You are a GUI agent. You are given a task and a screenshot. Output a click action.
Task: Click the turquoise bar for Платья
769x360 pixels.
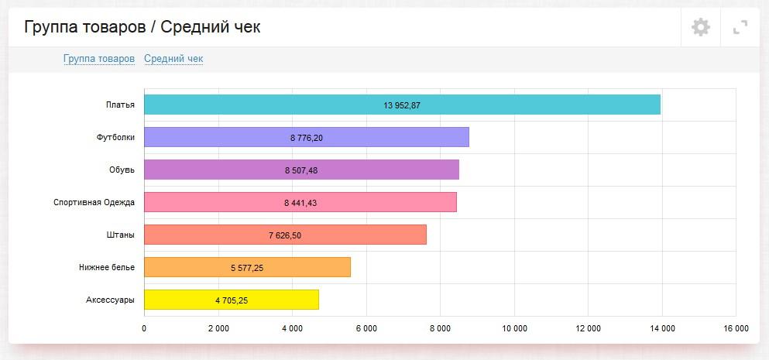tap(402, 105)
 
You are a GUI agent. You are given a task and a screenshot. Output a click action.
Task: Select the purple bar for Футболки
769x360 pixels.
tap(306, 137)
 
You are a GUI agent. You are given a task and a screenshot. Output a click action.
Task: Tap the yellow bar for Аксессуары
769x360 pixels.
tap(231, 300)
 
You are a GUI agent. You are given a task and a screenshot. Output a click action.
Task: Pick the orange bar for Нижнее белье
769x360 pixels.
tap(247, 267)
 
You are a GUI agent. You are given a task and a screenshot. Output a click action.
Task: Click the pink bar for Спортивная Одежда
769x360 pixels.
tap(300, 202)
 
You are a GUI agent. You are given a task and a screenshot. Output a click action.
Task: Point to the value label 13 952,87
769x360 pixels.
tap(402, 105)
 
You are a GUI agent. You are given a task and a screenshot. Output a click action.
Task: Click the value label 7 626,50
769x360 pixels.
tap(285, 235)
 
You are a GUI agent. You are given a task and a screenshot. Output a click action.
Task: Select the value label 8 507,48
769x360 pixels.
tap(301, 170)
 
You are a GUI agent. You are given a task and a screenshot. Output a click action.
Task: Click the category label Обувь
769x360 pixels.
tap(122, 170)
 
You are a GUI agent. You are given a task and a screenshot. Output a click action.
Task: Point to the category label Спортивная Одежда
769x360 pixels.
tap(94, 203)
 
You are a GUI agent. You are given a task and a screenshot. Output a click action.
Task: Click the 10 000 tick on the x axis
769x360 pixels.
tap(514, 329)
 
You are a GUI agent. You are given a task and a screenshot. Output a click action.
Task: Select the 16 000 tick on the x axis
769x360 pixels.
tap(736, 329)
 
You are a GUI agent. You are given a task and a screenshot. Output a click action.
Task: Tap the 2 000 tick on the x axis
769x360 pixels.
tap(218, 329)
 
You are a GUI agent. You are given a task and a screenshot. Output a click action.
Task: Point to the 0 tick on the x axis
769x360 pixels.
tap(144, 329)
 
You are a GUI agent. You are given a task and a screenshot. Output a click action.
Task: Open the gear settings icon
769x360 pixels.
tap(701, 28)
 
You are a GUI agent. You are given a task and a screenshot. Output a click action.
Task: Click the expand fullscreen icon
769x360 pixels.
tap(740, 28)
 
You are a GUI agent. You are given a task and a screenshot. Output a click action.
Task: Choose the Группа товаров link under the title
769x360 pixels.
tap(99, 59)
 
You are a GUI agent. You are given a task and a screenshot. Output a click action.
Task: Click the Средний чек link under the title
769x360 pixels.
tap(173, 59)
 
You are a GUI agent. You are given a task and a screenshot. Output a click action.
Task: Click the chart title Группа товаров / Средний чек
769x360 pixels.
tap(142, 28)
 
